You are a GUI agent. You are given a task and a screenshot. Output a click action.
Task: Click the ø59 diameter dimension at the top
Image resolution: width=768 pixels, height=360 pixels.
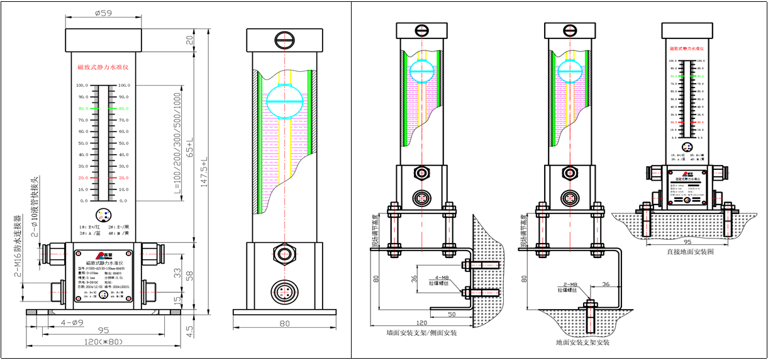click(x=103, y=12)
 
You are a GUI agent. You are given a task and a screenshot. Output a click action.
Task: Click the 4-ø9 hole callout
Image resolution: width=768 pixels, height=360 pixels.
click(x=71, y=323)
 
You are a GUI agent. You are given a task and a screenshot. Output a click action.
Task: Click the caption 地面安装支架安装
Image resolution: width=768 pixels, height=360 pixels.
click(x=582, y=343)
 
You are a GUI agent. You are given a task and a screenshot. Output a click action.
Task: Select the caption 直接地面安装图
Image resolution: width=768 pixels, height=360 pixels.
click(x=690, y=251)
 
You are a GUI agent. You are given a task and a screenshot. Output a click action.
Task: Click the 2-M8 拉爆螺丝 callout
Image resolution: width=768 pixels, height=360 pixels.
click(x=568, y=287)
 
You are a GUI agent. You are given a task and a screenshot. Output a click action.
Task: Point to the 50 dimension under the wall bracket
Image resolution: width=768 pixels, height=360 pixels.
click(x=452, y=313)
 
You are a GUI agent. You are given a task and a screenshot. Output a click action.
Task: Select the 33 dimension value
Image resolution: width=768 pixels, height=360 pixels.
click(x=178, y=272)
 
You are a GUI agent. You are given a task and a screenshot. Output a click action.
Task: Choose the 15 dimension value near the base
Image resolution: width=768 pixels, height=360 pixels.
click(x=178, y=301)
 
